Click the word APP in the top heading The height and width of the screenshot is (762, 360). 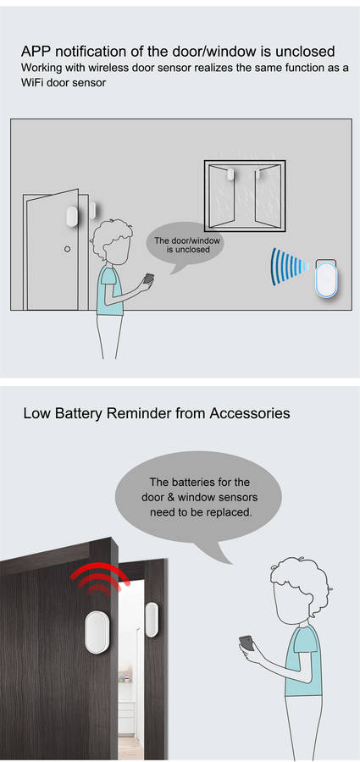click(x=33, y=51)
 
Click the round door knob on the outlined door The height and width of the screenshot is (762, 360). click(x=68, y=249)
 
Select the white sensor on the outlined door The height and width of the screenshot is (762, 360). click(x=72, y=217)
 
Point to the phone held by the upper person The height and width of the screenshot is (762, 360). click(x=148, y=280)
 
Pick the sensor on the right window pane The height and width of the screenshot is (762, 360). click(x=258, y=174)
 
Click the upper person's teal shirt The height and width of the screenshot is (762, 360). click(x=109, y=290)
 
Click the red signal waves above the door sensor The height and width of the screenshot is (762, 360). click(x=100, y=578)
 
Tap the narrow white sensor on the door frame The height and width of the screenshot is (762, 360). click(x=152, y=620)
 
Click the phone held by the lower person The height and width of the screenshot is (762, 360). click(x=247, y=644)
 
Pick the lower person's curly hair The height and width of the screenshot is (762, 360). click(x=299, y=581)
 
